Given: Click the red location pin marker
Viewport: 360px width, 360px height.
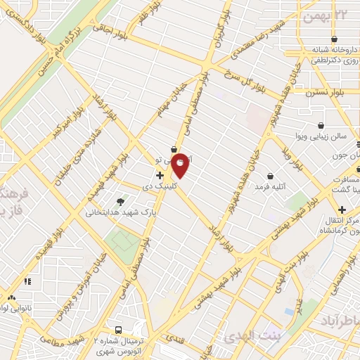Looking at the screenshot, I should (x=181, y=164).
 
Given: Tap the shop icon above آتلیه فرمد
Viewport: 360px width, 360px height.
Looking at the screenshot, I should (x=270, y=176).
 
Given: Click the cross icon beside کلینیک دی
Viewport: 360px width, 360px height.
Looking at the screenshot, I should (x=160, y=175).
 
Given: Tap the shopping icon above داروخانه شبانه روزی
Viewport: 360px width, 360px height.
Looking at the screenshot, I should (x=333, y=40).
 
